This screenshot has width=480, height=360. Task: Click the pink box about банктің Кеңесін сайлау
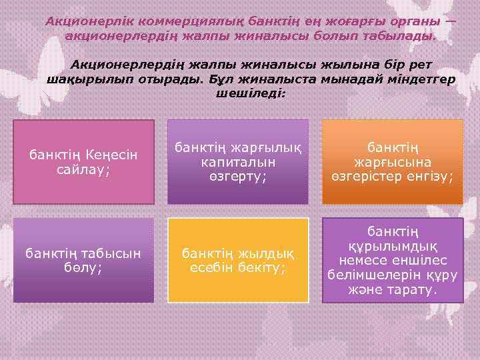[83, 161]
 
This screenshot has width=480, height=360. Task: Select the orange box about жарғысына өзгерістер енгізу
[392, 161]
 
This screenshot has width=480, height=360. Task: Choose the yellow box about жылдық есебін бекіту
[237, 260]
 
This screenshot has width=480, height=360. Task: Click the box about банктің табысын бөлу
[83, 260]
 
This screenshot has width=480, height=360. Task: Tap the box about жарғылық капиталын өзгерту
[237, 161]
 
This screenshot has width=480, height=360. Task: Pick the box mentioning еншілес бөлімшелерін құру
[392, 260]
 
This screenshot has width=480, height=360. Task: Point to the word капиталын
[237, 162]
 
